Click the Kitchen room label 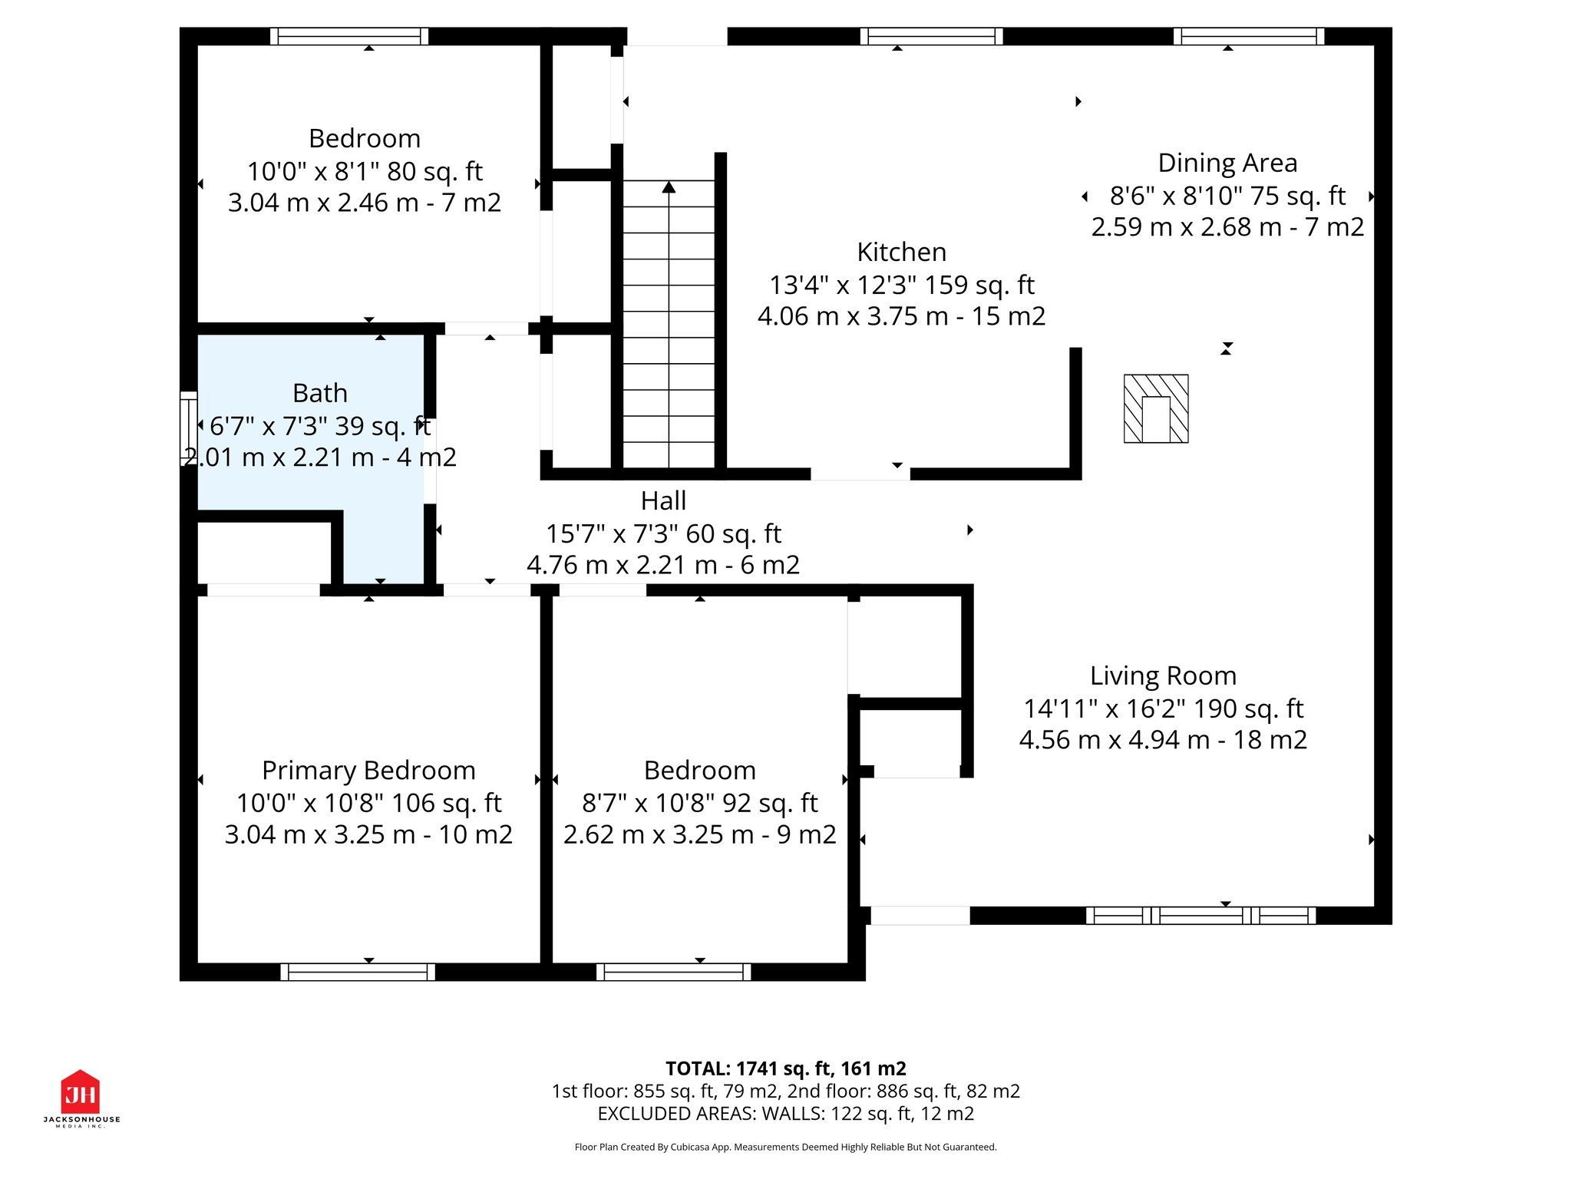(x=901, y=252)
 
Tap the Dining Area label (x=1227, y=163)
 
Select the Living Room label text (x=1162, y=675)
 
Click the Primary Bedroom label (x=368, y=770)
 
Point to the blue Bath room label (x=320, y=393)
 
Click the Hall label (x=663, y=500)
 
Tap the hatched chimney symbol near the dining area (x=1155, y=408)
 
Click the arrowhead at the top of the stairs (x=669, y=187)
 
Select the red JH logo (x=81, y=1092)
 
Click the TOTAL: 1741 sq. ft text (x=785, y=1068)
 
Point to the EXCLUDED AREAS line (x=785, y=1114)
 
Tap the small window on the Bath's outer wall (x=188, y=428)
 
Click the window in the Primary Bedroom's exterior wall (x=358, y=972)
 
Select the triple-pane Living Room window (x=1200, y=915)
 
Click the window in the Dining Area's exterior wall (x=1248, y=36)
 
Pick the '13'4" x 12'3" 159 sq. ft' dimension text (x=901, y=285)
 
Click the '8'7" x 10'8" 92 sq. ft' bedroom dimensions (x=699, y=803)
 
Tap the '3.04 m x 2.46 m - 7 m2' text (x=364, y=203)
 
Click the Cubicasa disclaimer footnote (x=785, y=1147)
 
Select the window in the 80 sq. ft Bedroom (x=349, y=36)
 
